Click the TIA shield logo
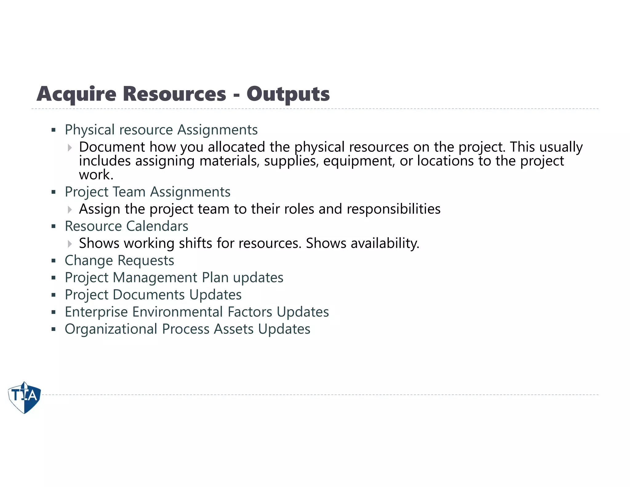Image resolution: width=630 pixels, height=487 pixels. coord(24,397)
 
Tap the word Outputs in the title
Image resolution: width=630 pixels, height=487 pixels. coord(288,94)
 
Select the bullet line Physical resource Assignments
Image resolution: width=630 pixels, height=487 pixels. coord(161,130)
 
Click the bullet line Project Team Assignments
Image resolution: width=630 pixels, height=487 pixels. coord(147,192)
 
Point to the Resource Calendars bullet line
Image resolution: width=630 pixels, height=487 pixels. coord(126,226)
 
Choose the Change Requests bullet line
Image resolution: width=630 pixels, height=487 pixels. coord(119,260)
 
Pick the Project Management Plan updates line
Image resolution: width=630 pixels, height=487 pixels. coord(174,278)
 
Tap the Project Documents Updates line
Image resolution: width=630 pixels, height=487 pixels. coord(153,295)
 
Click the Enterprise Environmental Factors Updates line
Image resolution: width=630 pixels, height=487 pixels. coord(197,312)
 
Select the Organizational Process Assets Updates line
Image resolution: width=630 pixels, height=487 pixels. coord(187,329)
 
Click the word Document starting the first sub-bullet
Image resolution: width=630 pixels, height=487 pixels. coord(112,147)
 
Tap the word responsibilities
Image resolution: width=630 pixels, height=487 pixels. coord(393,209)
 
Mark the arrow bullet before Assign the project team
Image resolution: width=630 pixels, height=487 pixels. coord(70,210)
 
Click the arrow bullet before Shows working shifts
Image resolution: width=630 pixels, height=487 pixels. coord(70,244)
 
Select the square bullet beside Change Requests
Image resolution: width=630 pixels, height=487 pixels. coord(54,261)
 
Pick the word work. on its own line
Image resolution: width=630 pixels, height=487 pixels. coord(96,175)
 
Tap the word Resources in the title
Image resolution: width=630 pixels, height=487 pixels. coord(174,94)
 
